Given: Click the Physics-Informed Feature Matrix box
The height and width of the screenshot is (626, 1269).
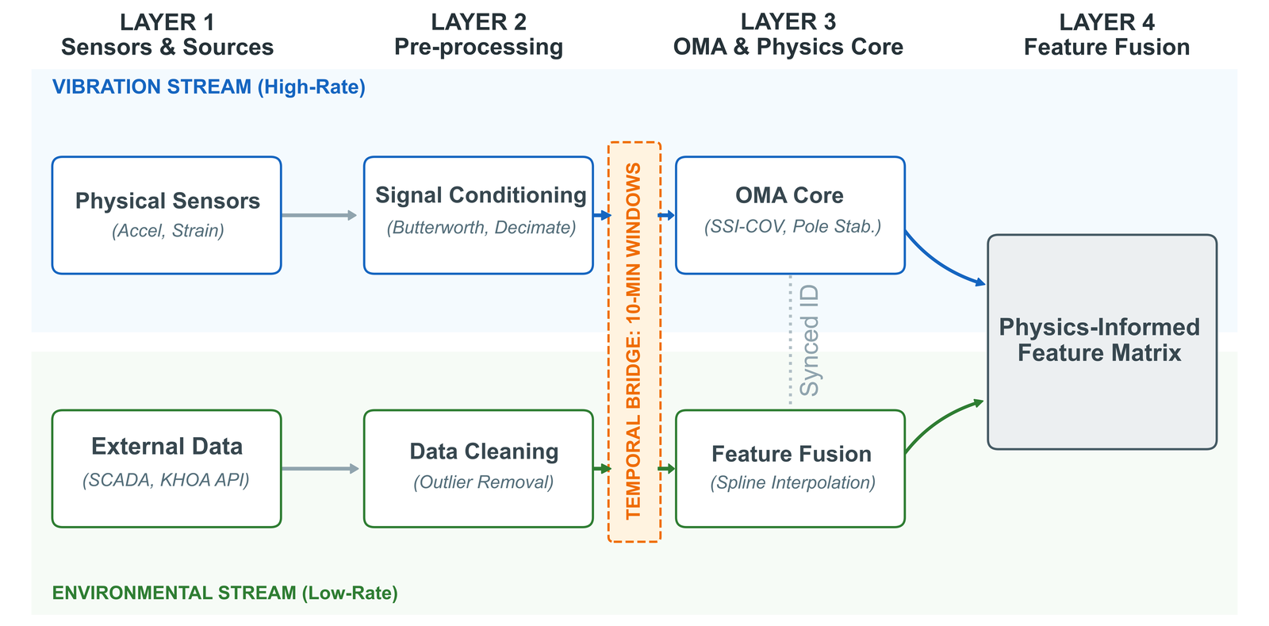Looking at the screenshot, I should pyautogui.click(x=1102, y=341).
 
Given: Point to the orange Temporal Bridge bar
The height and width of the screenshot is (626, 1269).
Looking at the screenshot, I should pyautogui.click(x=634, y=341).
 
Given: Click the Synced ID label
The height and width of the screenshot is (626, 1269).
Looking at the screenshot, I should pyautogui.click(x=809, y=341).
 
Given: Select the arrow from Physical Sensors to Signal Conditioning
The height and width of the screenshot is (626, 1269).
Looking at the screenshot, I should pyautogui.click(x=319, y=215).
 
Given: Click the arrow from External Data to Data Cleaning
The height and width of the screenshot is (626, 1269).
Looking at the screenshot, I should pyautogui.click(x=319, y=469).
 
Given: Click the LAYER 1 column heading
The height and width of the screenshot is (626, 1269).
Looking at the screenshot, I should pyautogui.click(x=167, y=35).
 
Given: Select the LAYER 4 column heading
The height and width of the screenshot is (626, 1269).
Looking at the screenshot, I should pyautogui.click(x=1106, y=35).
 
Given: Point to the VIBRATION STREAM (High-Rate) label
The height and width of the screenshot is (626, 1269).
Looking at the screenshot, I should pyautogui.click(x=209, y=86).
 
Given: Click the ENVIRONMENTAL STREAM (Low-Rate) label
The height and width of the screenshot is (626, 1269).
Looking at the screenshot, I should pyautogui.click(x=224, y=593).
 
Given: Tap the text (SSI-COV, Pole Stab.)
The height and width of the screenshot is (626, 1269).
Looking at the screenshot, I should pyautogui.click(x=792, y=227).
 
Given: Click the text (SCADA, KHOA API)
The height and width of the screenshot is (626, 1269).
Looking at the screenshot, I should pyautogui.click(x=166, y=480).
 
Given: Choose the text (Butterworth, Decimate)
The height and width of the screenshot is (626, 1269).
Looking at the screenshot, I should pyautogui.click(x=481, y=228).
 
